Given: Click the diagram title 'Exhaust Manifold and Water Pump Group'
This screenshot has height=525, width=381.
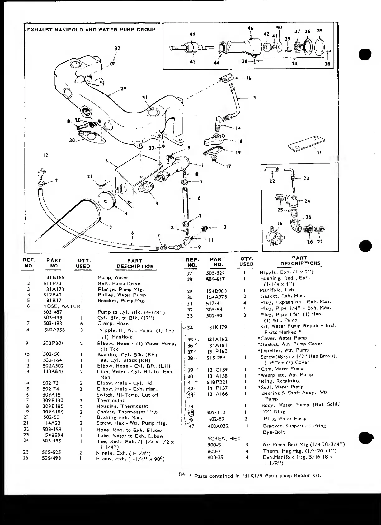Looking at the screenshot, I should click(x=91, y=30).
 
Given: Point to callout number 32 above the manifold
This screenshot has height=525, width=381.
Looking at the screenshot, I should click(x=117, y=48).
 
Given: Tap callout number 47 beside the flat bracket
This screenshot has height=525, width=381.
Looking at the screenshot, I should click(x=319, y=152).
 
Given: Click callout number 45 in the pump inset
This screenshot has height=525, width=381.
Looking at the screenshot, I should click(x=192, y=34).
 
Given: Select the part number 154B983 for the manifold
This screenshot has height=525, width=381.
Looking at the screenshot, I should click(x=217, y=291).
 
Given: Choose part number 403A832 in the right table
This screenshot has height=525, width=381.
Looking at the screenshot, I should click(x=218, y=426).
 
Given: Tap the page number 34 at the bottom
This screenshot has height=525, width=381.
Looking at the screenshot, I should click(x=182, y=474).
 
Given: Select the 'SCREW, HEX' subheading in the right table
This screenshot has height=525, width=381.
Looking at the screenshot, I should click(x=224, y=439).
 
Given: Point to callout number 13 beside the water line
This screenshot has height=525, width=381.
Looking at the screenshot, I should click(x=253, y=98).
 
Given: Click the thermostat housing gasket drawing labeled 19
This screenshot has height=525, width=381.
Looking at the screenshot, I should click(x=213, y=152).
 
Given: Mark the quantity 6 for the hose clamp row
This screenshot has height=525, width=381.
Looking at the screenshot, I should click(x=82, y=323).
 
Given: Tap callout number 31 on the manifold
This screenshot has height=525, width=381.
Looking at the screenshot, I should click(x=144, y=98).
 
